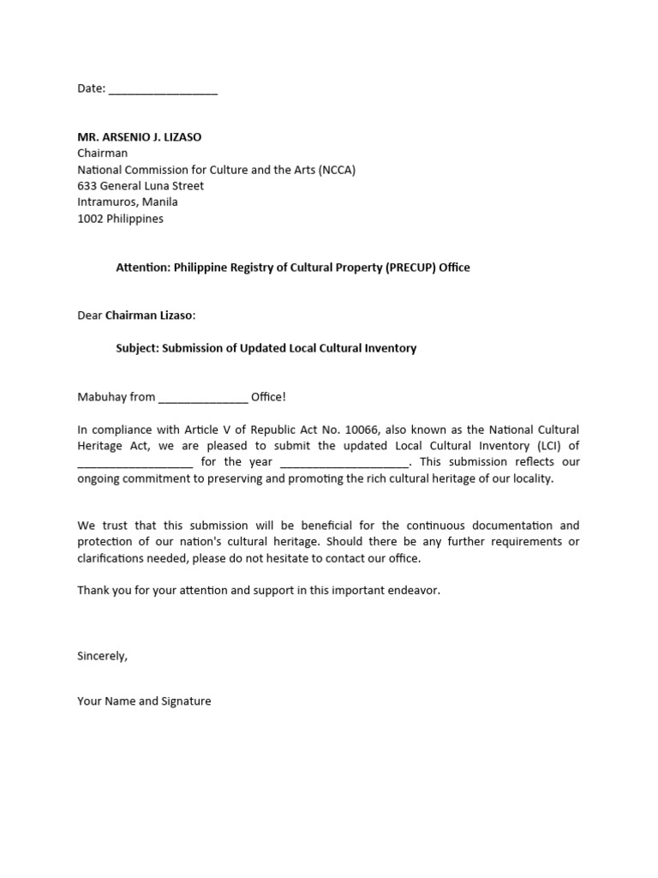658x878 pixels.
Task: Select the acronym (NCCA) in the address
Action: (337, 170)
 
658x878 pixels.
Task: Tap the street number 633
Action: (87, 186)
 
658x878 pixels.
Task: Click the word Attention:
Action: (143, 268)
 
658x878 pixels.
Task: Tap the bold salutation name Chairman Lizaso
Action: (149, 316)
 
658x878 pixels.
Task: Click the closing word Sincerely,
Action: (102, 656)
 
